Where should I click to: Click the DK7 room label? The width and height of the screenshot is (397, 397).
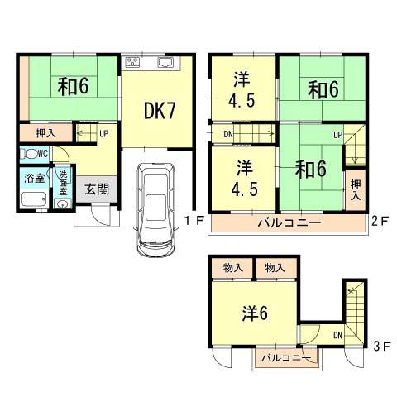pyautogui.click(x=159, y=111)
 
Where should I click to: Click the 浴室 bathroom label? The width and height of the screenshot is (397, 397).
pyautogui.click(x=34, y=177)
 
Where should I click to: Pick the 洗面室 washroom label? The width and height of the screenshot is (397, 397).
pyautogui.click(x=63, y=182)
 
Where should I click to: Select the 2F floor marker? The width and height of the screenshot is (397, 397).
pyautogui.click(x=380, y=221)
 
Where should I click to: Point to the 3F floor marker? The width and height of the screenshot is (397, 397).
pyautogui.click(x=380, y=347)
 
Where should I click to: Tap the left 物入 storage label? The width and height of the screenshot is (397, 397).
pyautogui.click(x=233, y=268)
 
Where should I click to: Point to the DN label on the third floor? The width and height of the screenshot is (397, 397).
pyautogui.click(x=338, y=335)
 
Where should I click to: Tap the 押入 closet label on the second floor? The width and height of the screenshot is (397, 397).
pyautogui.click(x=356, y=191)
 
